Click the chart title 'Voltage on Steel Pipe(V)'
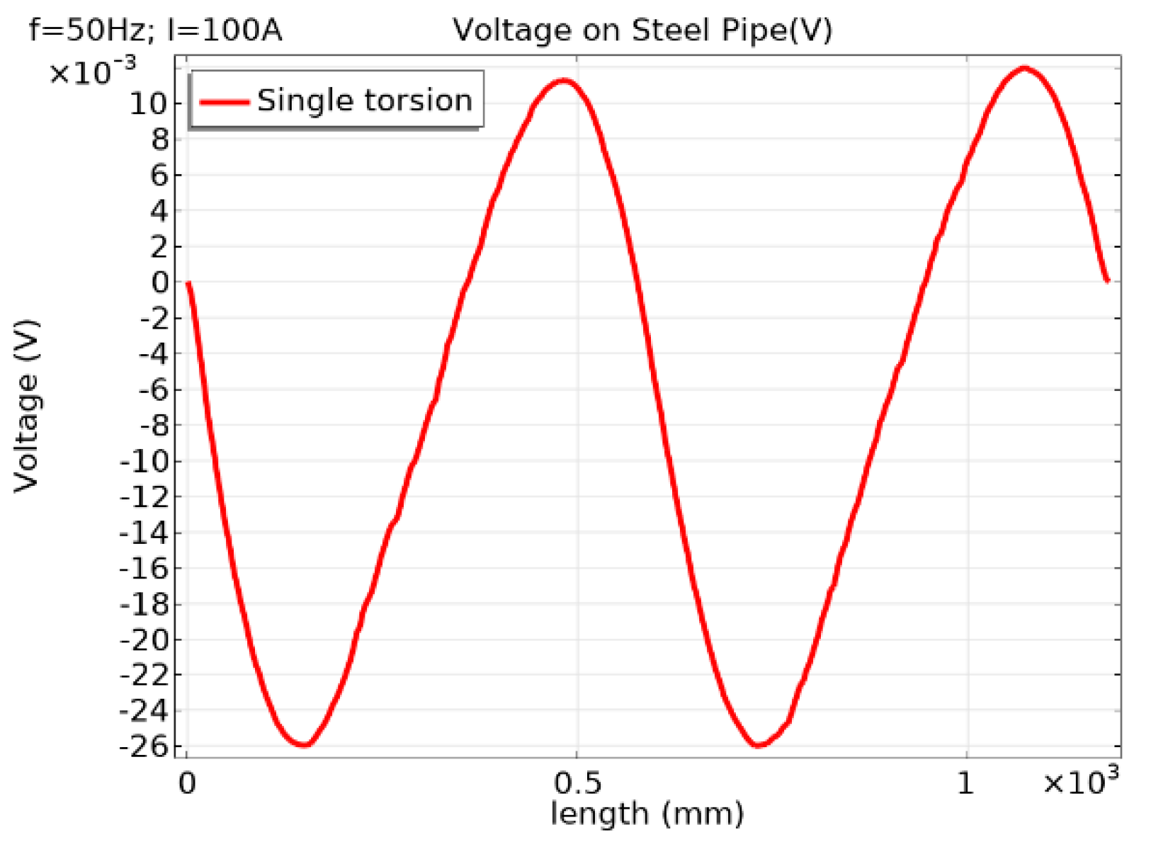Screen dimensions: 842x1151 coord(642,30)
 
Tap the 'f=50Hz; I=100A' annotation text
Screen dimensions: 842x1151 coord(156,30)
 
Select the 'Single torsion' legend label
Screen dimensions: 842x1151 coord(364,101)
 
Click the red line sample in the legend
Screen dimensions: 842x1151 coord(224,101)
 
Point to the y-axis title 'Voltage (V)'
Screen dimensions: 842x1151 coord(26,406)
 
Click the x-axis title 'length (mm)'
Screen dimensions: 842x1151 coord(647,814)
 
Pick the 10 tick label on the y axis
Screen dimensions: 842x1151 coord(147,104)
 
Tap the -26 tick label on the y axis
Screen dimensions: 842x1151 coord(144,746)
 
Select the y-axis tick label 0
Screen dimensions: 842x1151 coord(161,283)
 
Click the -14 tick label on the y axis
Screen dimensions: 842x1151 coord(144,533)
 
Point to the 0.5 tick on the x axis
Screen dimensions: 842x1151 coord(577,783)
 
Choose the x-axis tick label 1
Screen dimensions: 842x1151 coord(965,783)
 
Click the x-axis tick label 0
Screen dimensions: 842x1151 coord(187,783)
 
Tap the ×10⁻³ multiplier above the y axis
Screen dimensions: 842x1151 coord(92,71)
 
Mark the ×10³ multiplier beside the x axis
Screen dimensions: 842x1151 coord(1081,782)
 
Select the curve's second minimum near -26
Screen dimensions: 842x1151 coord(758,745)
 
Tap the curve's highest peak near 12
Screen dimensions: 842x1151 coord(1024,69)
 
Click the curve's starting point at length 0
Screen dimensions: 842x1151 coord(188,283)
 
